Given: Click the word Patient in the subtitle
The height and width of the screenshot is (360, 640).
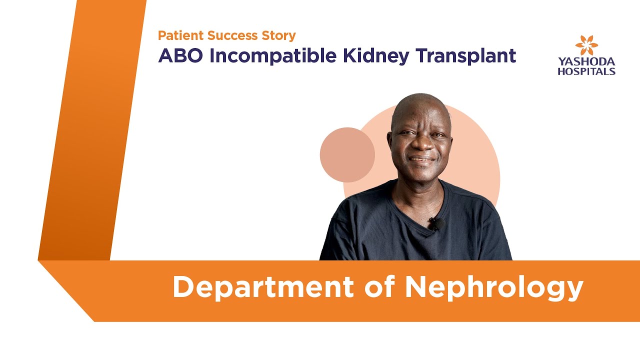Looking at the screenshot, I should point(177,35).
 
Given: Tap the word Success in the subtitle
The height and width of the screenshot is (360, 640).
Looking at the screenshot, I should point(225,35).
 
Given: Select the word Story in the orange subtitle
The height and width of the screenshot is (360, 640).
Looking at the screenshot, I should point(276,36).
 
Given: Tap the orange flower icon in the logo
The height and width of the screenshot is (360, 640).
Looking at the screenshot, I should point(586,45).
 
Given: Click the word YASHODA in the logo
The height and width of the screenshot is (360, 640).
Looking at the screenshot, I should point(586,62).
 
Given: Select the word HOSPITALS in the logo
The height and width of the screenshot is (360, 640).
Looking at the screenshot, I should point(586,71).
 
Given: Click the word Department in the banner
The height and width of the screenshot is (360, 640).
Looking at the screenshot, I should point(263,287).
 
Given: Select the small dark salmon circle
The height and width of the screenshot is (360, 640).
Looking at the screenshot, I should point(347,155).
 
